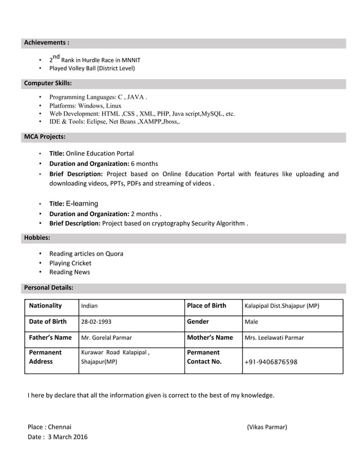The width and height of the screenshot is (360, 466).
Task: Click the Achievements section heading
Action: click(46, 42)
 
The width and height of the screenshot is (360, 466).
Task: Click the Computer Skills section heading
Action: click(47, 83)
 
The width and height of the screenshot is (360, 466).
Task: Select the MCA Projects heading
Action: click(45, 137)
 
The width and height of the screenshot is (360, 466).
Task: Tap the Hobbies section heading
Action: click(37, 238)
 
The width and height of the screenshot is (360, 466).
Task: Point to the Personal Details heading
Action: click(49, 287)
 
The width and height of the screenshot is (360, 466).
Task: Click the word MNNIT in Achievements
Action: click(131, 60)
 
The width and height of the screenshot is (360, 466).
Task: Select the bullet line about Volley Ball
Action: click(92, 69)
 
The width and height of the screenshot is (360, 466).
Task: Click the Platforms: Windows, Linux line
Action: click(85, 105)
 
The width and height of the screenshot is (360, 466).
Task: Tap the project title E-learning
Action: click(82, 204)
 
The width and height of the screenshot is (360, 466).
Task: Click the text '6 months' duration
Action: click(144, 164)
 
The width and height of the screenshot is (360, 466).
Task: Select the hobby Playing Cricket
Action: click(70, 263)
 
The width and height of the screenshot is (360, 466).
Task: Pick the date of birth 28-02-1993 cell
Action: click(96, 322)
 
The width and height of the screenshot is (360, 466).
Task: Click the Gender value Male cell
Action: click(251, 322)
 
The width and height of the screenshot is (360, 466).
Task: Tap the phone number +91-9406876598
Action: click(271, 362)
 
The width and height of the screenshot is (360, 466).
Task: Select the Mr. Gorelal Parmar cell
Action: click(107, 338)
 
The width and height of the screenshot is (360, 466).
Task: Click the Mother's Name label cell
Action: click(209, 338)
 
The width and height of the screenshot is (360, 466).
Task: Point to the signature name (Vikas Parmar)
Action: click(267, 427)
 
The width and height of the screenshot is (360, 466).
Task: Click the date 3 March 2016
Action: click(67, 437)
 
